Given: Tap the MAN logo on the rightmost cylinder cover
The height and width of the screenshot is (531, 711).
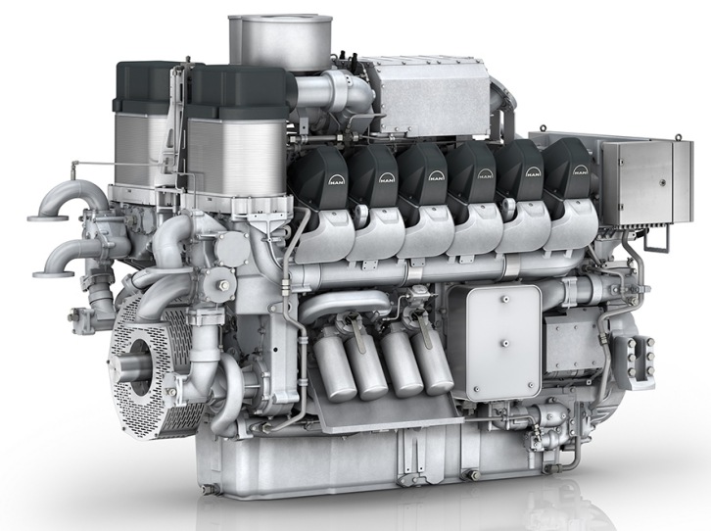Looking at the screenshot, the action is point(580,170).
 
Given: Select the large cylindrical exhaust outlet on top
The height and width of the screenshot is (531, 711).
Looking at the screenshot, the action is point(280,40).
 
